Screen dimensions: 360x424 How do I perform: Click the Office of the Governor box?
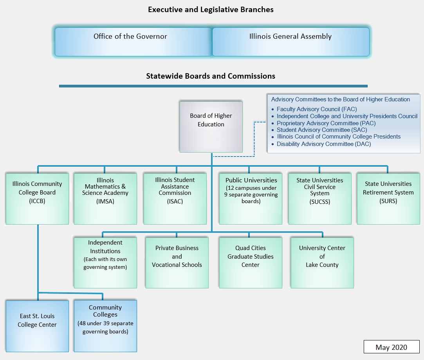coord(133,41)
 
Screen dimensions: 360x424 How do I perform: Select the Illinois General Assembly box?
coord(290,41)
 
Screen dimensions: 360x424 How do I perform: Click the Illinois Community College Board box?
coord(37,199)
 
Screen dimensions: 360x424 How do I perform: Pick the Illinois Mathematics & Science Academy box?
coord(105,199)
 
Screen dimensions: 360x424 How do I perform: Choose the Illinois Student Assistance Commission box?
coord(175,199)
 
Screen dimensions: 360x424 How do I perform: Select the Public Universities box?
coord(251,199)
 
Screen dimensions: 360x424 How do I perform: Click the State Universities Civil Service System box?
coord(319,199)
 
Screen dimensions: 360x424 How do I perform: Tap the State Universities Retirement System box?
coord(388,199)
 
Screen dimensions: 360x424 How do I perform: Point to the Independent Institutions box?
coord(105,263)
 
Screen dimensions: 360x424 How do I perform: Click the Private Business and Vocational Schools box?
coord(177,263)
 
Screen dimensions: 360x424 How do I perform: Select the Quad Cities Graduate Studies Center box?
coord(251,263)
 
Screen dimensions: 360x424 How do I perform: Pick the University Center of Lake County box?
coord(322,263)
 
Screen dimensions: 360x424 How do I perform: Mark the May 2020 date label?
coord(391,347)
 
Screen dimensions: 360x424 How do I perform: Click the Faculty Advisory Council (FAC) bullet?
coord(316,109)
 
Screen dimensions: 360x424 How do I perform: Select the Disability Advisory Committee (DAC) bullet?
coord(323,144)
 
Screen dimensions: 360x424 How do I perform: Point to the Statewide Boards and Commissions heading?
coord(211,76)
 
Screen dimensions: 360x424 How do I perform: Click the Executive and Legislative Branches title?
coord(211,10)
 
